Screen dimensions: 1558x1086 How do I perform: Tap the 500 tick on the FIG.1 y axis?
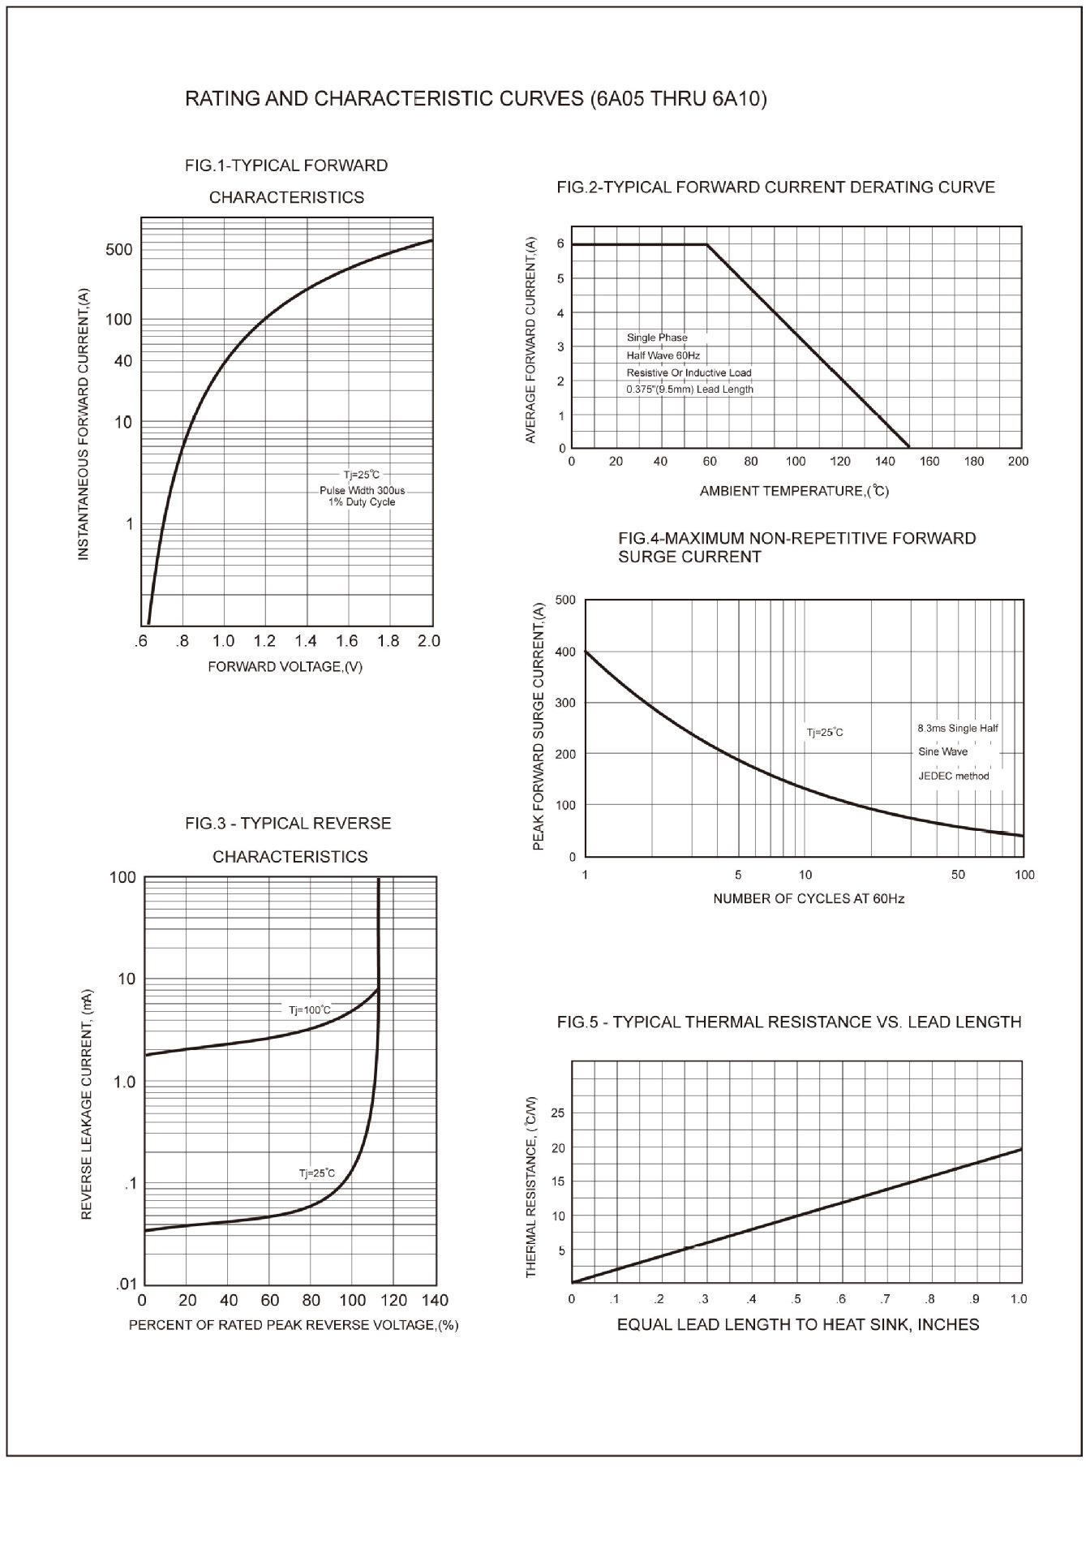pyautogui.click(x=118, y=249)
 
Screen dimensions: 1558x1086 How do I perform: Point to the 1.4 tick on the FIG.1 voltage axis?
pyautogui.click(x=306, y=641)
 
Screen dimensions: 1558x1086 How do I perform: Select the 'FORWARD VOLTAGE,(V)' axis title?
pyautogui.click(x=285, y=666)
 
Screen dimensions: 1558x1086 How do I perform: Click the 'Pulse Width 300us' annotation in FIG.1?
pyautogui.click(x=362, y=490)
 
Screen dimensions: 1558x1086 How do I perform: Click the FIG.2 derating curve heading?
pyautogui.click(x=775, y=187)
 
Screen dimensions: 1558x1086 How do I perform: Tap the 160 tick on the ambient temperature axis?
pyautogui.click(x=929, y=461)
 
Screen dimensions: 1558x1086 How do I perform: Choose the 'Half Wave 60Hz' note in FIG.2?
pyautogui.click(x=663, y=355)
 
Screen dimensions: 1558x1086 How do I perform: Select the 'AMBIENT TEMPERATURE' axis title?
pyautogui.click(x=794, y=491)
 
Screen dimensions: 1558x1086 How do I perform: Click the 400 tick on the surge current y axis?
pyautogui.click(x=565, y=652)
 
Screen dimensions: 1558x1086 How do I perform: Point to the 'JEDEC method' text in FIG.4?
pyautogui.click(x=954, y=776)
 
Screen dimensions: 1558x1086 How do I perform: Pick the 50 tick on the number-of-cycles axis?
pyautogui.click(x=958, y=875)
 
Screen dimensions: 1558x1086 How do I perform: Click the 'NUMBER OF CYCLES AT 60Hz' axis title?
pyautogui.click(x=809, y=898)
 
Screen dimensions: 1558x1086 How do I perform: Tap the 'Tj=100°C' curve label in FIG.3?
pyautogui.click(x=310, y=1010)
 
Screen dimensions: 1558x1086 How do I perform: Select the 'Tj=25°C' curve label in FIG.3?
pyautogui.click(x=316, y=1173)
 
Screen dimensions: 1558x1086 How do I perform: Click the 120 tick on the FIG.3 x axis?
pyautogui.click(x=393, y=1301)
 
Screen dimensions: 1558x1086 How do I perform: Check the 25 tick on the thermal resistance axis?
pyautogui.click(x=557, y=1113)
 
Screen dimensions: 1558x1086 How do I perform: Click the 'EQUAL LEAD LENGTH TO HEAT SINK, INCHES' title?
pyautogui.click(x=798, y=1325)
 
